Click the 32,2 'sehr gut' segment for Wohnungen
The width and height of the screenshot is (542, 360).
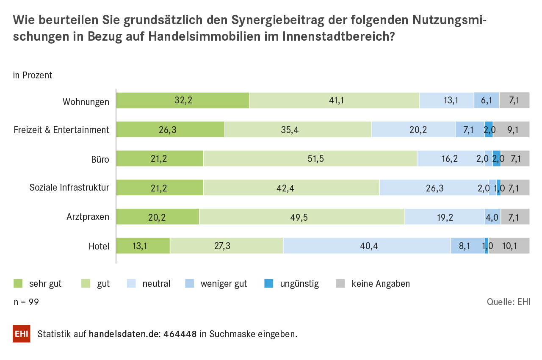pos(183,100)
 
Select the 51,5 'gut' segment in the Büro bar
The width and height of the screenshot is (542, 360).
pos(310,159)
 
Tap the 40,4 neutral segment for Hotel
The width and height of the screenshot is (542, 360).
pos(367,246)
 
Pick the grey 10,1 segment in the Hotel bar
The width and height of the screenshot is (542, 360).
pos(509,246)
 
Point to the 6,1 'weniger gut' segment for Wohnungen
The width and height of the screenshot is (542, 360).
pos(486,100)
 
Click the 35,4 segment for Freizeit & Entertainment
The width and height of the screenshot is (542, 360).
pos(298,130)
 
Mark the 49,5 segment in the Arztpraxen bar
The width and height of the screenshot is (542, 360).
pos(302,217)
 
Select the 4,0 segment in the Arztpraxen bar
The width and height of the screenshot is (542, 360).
pos(492,217)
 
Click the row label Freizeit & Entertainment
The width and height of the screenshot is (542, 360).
pos(61,130)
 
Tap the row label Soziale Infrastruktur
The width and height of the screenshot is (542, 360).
pos(69,188)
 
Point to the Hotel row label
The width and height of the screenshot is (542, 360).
pos(99,246)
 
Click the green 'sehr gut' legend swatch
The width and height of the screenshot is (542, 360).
pos(18,283)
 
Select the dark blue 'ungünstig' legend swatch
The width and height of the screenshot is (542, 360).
pos(268,283)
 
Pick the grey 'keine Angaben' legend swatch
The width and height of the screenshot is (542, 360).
pos(340,283)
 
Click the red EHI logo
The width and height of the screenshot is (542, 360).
pos(22,334)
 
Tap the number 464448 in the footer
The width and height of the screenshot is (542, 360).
pos(180,334)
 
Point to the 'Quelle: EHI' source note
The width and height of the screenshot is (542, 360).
pos(509,302)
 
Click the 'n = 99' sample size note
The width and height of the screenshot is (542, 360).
pos(26,302)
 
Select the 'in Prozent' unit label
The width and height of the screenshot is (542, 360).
pos(33,75)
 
